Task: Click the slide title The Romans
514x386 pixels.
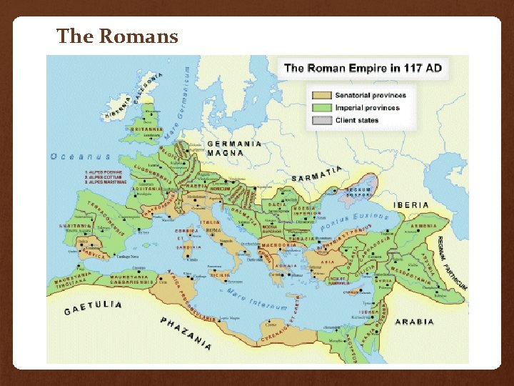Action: (117, 36)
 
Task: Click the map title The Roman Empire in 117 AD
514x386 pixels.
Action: (363, 69)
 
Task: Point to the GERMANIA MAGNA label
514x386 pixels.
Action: (234, 148)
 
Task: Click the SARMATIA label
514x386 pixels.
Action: (317, 174)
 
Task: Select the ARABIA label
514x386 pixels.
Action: (415, 322)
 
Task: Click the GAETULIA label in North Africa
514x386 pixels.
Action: (93, 307)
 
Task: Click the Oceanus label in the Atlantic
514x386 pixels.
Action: (80, 156)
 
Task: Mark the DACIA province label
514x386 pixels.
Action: (277, 205)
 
